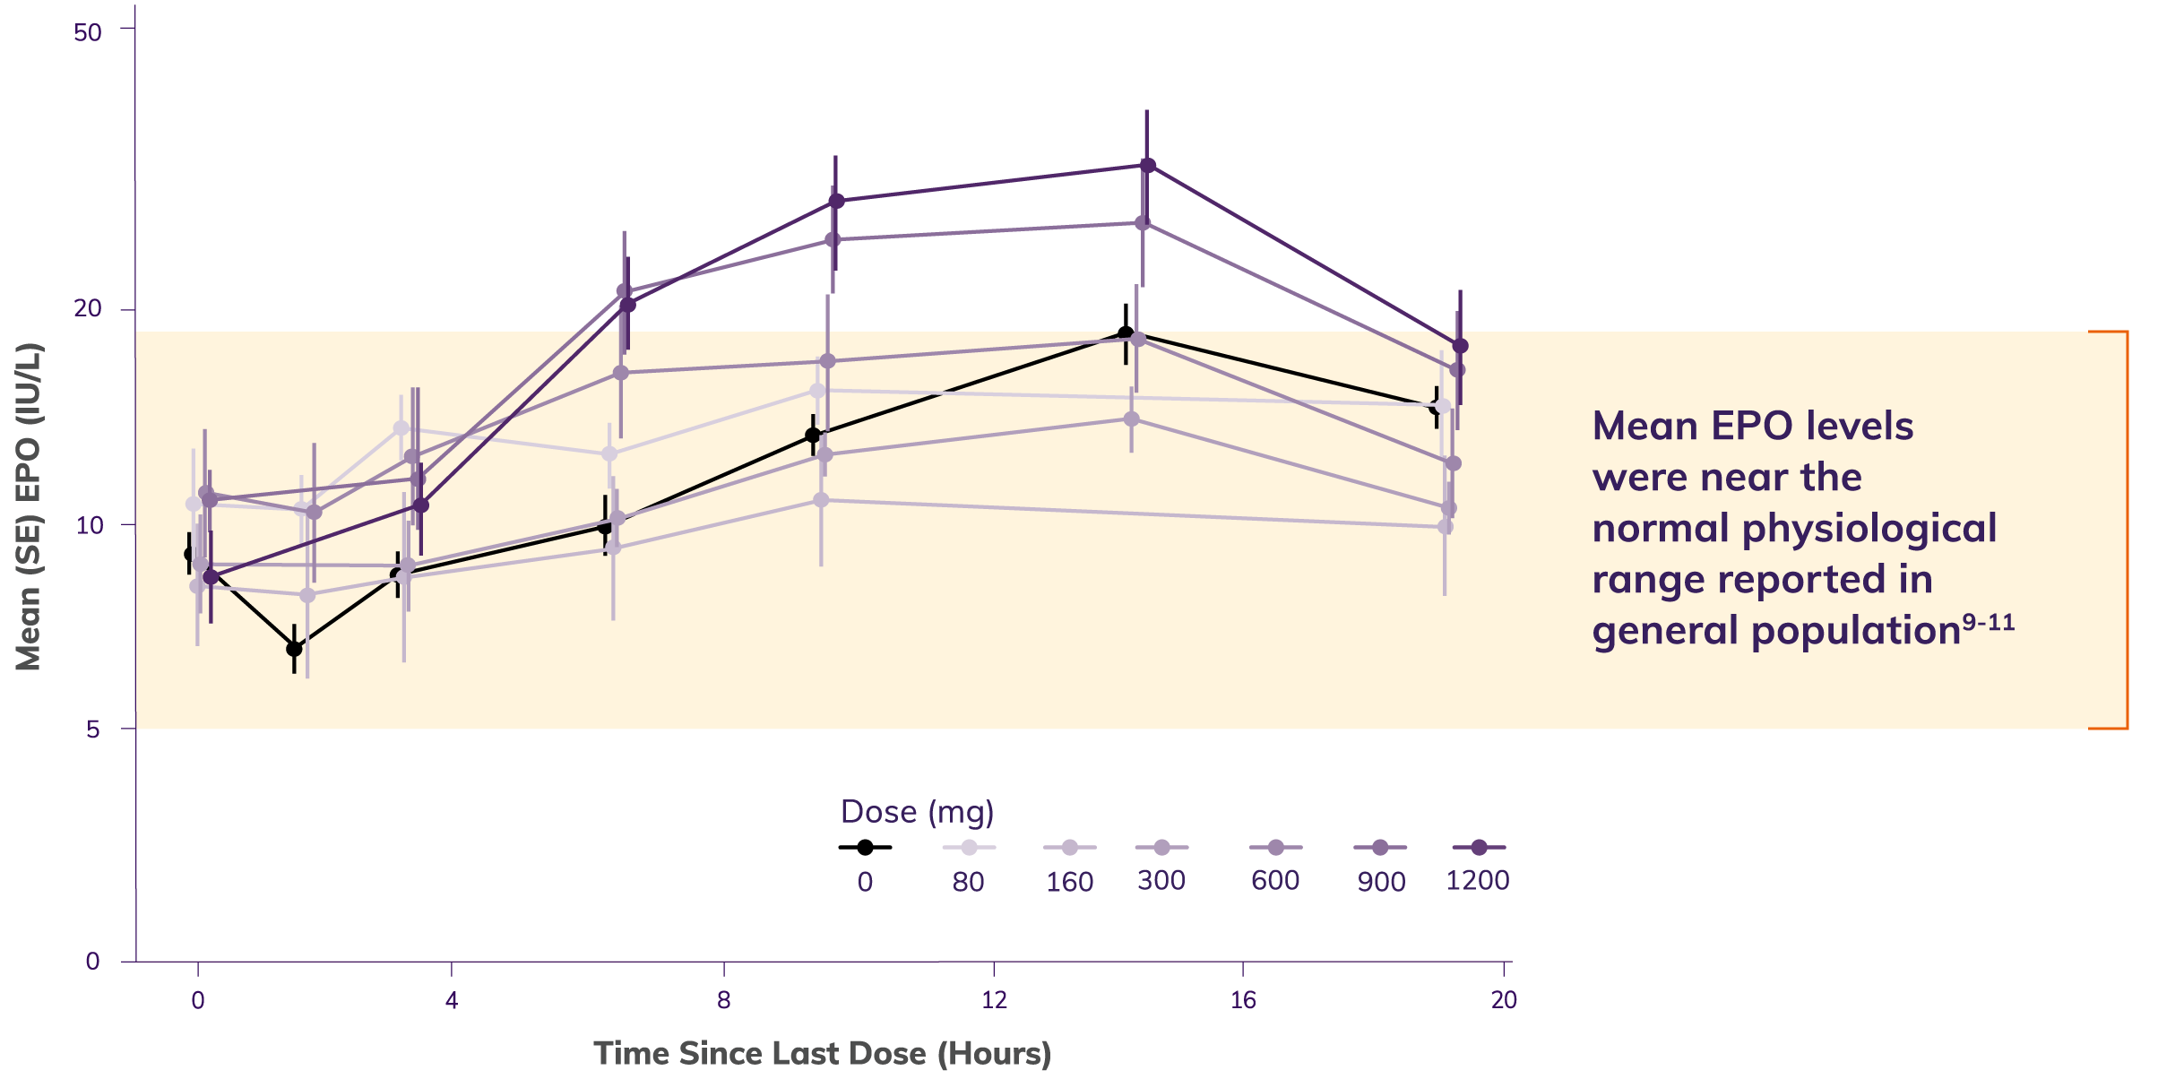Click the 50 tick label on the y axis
click(88, 32)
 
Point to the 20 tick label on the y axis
click(88, 308)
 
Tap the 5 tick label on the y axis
click(93, 729)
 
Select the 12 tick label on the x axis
click(994, 1000)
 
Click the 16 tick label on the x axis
click(1243, 1000)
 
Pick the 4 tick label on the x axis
click(452, 1000)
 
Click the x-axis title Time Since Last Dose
click(822, 1054)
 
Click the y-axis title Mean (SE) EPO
click(29, 506)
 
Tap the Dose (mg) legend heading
click(917, 812)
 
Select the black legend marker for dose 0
click(865, 847)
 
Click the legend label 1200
click(1477, 880)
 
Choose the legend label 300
click(1161, 880)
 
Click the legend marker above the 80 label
click(969, 847)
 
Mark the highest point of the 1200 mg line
click(1148, 165)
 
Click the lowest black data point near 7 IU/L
click(294, 648)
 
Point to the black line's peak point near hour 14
click(1126, 333)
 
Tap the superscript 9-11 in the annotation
click(1988, 622)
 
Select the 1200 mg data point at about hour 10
click(836, 201)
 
